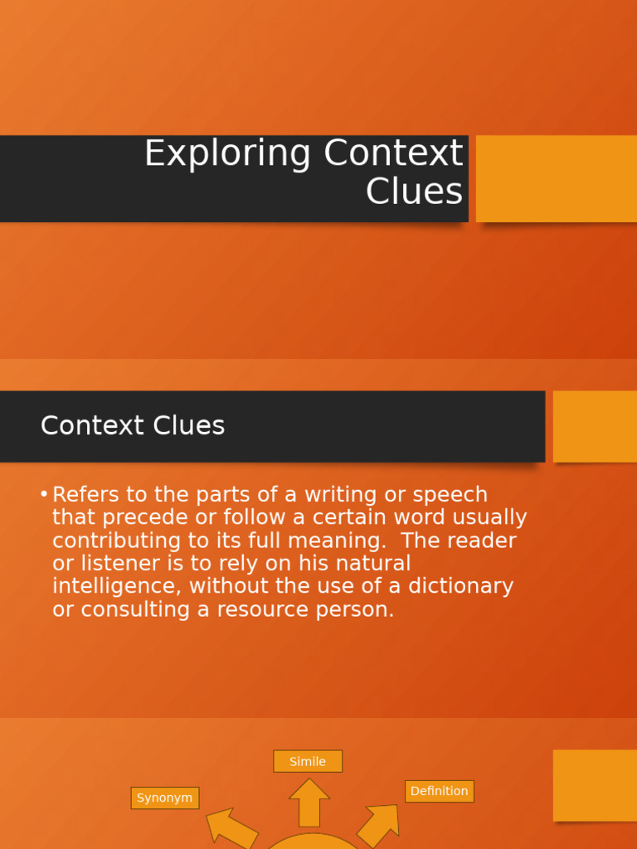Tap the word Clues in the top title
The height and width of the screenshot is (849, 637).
(414, 192)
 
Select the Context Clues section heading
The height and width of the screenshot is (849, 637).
(133, 425)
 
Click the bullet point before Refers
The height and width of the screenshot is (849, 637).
(43, 495)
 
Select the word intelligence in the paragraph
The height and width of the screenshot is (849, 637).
(117, 587)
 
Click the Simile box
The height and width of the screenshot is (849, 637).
(308, 761)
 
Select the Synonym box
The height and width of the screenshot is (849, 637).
(165, 798)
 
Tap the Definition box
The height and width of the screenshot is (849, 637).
(440, 791)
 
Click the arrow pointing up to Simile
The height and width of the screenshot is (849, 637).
(309, 802)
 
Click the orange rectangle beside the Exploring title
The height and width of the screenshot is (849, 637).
(557, 178)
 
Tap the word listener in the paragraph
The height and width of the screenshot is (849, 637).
(112, 564)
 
